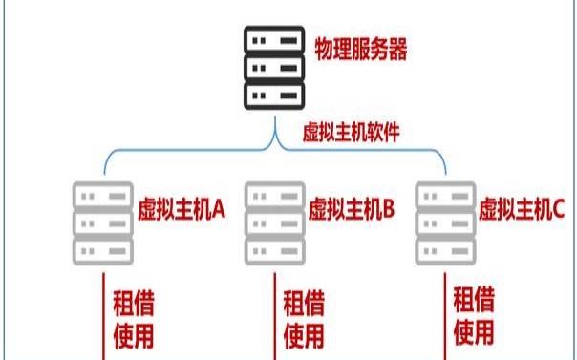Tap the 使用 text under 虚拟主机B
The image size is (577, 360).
pos(304,335)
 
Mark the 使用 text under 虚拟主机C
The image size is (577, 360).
pos(474,333)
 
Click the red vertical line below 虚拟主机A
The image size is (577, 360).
pos(103,315)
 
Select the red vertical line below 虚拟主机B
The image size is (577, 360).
pos(275,315)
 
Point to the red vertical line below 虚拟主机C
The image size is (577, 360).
pos(446,315)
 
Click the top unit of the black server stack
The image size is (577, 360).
pos(275,42)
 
